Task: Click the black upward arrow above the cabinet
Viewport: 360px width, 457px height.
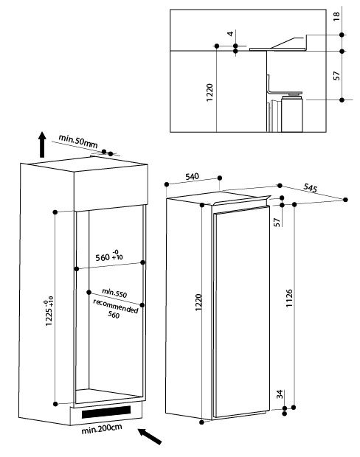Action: click(42, 146)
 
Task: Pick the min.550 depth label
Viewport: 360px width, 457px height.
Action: click(114, 293)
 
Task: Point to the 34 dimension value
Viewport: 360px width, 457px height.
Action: click(280, 395)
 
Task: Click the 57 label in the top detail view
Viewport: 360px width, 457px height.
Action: click(336, 75)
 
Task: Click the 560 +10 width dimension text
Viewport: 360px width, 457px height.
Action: click(109, 257)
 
